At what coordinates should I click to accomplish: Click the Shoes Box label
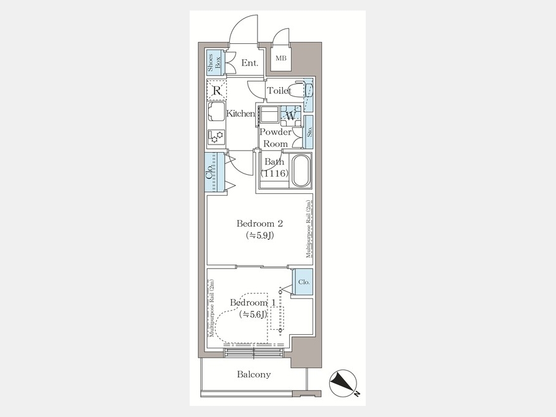(214, 63)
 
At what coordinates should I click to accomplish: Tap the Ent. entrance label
(250, 63)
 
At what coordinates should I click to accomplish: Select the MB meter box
(281, 57)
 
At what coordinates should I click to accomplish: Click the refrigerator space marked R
(217, 91)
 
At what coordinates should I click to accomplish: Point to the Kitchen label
(240, 114)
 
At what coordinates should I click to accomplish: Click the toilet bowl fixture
(296, 90)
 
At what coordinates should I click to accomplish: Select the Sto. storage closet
(309, 132)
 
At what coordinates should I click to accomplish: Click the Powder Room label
(276, 138)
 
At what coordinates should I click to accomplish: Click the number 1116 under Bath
(274, 174)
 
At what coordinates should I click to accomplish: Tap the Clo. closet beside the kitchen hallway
(214, 172)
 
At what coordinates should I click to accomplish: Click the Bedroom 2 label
(259, 224)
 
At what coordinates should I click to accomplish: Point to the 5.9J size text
(259, 235)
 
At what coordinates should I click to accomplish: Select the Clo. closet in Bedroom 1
(303, 282)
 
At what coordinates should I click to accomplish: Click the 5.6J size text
(253, 314)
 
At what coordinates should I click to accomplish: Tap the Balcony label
(254, 374)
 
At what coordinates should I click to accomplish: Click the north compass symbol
(342, 383)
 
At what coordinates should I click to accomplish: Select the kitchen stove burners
(216, 137)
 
